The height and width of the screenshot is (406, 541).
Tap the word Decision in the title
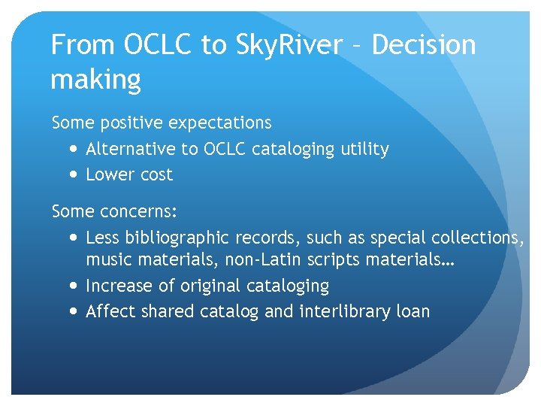point(424,46)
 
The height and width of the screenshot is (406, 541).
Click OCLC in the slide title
point(156,46)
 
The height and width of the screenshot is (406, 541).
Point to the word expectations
point(220,123)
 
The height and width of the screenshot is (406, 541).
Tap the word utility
point(364,149)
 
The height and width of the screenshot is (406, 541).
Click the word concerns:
point(137,211)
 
